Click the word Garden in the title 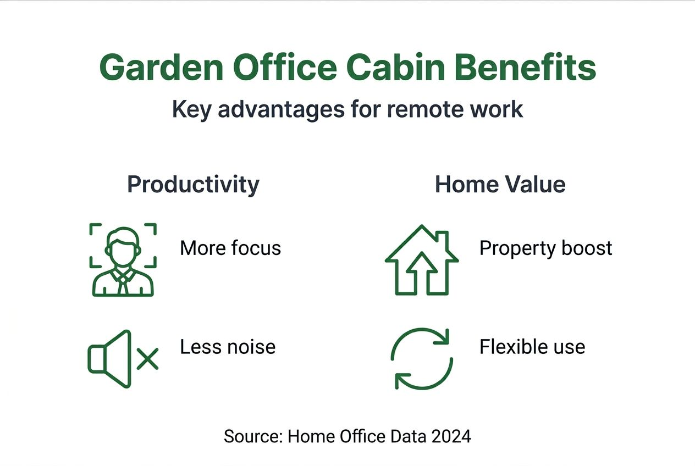click(x=161, y=68)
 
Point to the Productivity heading click(x=193, y=185)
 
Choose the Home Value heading click(x=500, y=185)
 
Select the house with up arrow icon click(x=422, y=259)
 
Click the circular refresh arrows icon click(x=422, y=359)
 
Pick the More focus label click(x=230, y=248)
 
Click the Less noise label click(x=228, y=347)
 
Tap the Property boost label click(x=545, y=248)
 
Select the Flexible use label click(x=532, y=347)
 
